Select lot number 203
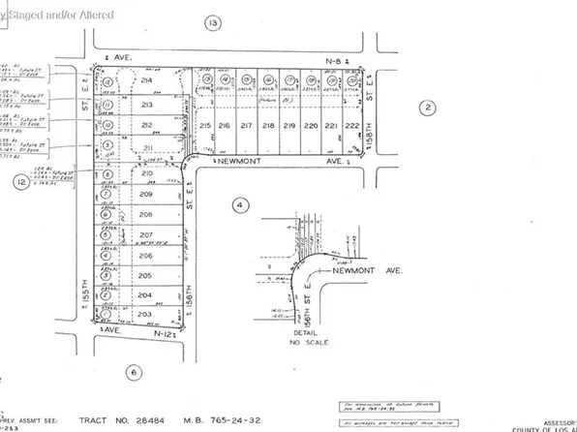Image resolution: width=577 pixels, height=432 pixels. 145,315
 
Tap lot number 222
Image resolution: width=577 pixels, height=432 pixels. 351,127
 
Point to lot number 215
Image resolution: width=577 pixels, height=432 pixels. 205,127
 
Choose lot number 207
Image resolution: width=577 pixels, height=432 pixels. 145,235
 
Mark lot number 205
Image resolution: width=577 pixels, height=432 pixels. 145,276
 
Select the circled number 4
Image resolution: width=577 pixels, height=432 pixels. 241,204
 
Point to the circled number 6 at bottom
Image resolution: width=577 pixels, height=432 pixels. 134,372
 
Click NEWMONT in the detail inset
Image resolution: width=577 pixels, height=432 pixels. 353,272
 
